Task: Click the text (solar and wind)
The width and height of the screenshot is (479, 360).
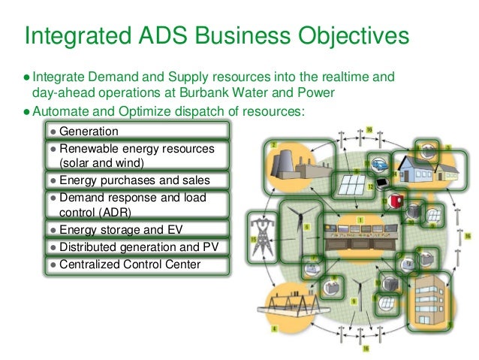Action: pyautogui.click(x=104, y=162)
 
